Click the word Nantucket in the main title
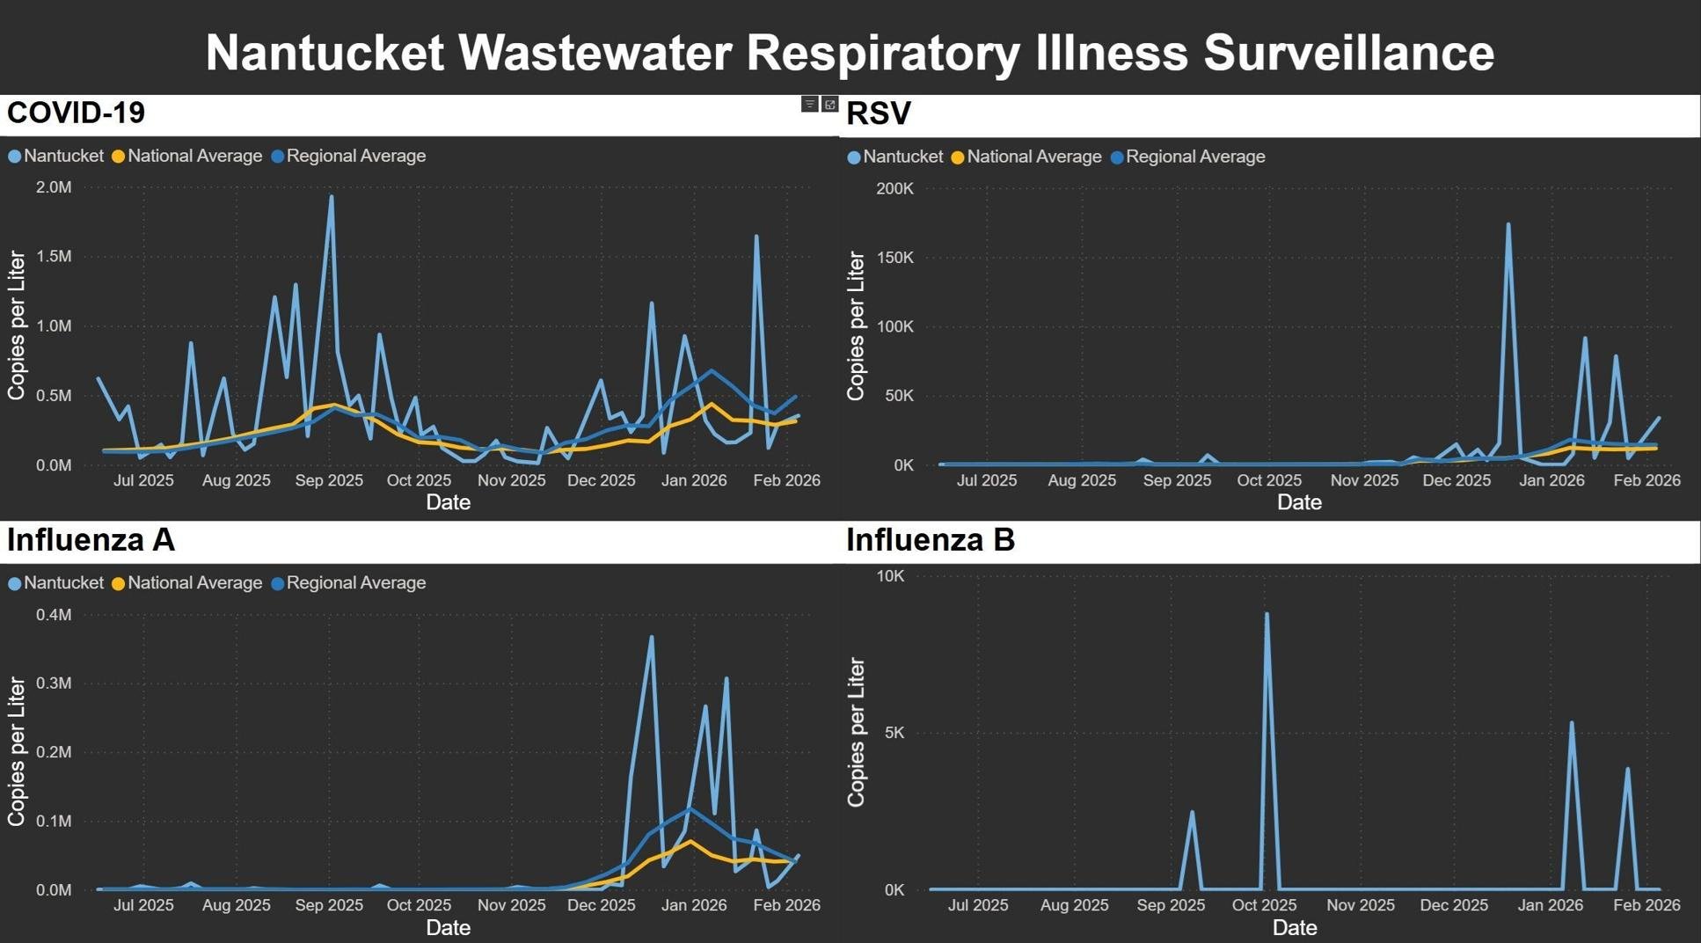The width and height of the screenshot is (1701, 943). [325, 53]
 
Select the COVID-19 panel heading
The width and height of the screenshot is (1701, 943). [76, 113]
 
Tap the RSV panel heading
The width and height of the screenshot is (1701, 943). [878, 113]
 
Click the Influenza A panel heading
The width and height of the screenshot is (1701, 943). [91, 539]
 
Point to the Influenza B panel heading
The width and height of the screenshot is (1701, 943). [931, 539]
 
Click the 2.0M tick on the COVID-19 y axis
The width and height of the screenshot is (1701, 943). [54, 187]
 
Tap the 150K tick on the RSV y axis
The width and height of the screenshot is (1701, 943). [895, 258]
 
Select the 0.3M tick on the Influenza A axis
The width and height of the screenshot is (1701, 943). [54, 683]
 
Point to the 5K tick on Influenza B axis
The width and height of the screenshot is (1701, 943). [894, 733]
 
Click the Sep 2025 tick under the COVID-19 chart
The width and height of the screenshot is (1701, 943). [329, 480]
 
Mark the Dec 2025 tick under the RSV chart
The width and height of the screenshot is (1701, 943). [1456, 480]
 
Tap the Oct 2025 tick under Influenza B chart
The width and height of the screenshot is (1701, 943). [1264, 905]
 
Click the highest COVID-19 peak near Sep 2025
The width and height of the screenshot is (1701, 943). [331, 196]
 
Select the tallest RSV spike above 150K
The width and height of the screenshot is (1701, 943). [1508, 224]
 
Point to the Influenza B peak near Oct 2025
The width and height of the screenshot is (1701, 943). [1267, 614]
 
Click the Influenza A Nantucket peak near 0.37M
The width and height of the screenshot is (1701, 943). [651, 637]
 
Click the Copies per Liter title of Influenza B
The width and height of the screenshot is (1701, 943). [856, 732]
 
